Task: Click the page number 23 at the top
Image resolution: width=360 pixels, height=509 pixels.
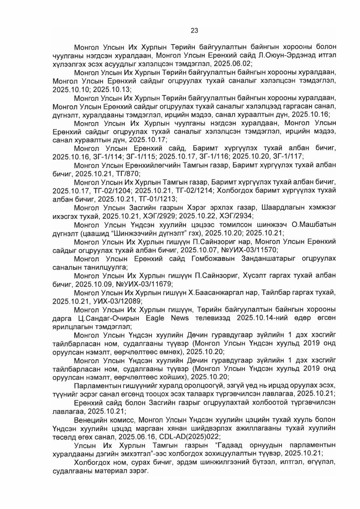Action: (194, 30)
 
